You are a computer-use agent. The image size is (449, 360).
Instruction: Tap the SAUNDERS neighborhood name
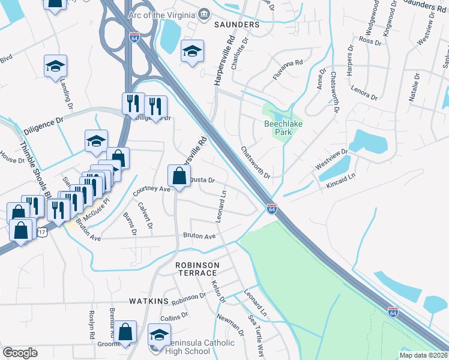coord(237,25)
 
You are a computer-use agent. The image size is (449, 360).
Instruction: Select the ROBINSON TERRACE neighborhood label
coord(197,269)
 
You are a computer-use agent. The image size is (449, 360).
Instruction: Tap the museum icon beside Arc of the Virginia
coord(204,14)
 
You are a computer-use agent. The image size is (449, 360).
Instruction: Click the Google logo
coord(20,353)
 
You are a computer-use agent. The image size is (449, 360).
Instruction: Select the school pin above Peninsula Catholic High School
coord(160,334)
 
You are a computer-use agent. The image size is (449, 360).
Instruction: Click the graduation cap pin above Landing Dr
coord(55,65)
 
